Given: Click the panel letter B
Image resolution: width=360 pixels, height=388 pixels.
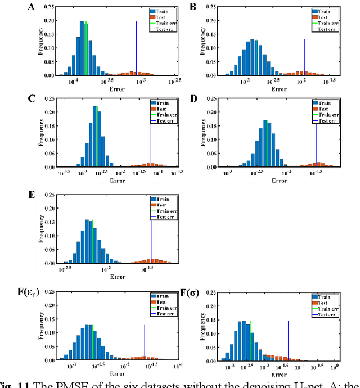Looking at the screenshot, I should [193, 7].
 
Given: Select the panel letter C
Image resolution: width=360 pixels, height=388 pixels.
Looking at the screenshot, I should [32, 100].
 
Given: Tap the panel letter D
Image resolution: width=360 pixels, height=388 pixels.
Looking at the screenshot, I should [194, 100].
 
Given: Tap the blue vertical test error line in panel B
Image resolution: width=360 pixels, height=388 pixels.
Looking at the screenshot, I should [304, 56].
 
